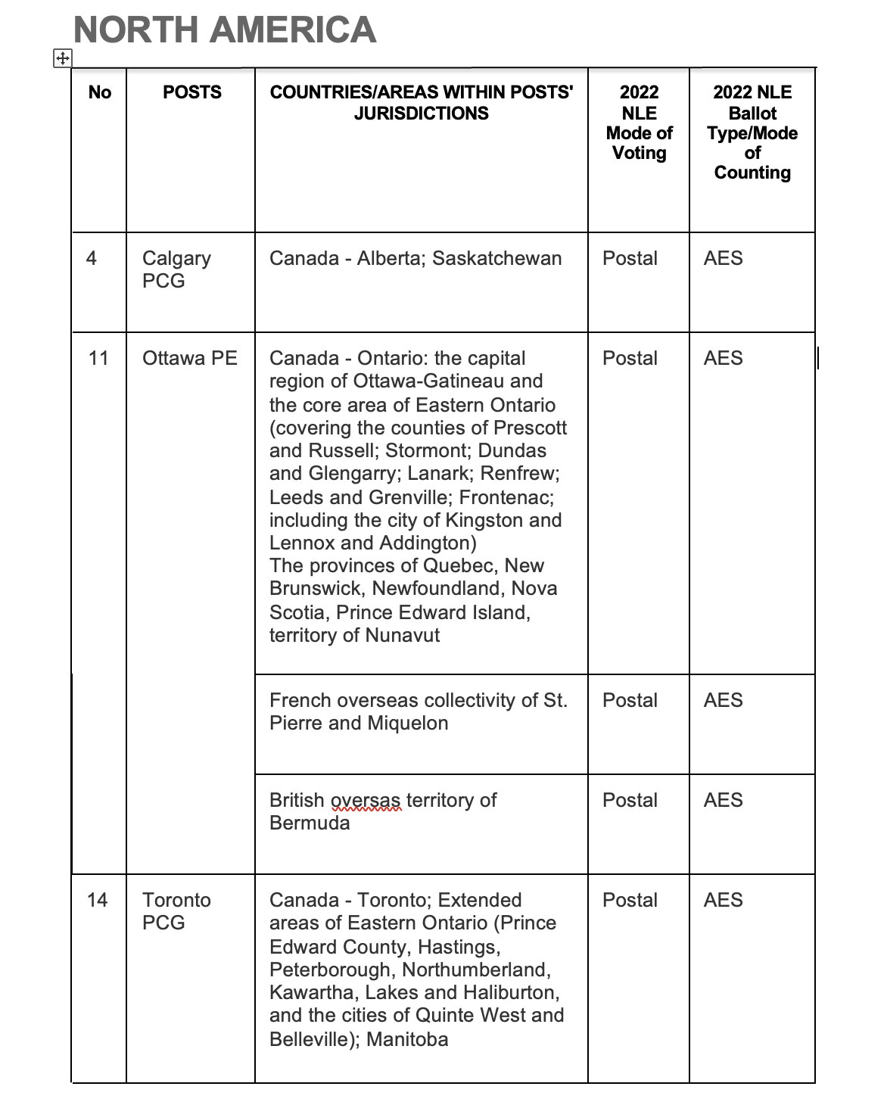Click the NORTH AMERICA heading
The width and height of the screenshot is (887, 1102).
tap(225, 30)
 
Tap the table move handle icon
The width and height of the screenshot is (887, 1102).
tap(62, 58)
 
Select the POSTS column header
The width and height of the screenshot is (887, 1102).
tap(192, 92)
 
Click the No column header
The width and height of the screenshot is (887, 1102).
tap(99, 92)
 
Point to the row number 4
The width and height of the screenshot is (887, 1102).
tap(92, 258)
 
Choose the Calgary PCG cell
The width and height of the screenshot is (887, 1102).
tap(176, 269)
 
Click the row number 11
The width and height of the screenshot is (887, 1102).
tap(98, 358)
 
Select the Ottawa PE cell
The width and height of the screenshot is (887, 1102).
tap(189, 358)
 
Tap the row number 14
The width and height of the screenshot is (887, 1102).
tap(98, 900)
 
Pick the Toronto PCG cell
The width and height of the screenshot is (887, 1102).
tap(176, 911)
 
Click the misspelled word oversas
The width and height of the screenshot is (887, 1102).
tap(366, 801)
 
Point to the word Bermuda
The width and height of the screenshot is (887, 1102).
tap(310, 823)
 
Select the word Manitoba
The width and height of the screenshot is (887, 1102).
tap(407, 1039)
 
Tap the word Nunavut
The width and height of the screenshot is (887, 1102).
tap(402, 635)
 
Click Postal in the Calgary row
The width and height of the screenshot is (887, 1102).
tap(630, 259)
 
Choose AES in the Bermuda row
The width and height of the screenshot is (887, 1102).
tap(723, 800)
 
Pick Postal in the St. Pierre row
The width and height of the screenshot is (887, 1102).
tap(630, 700)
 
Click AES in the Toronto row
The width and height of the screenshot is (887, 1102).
tap(723, 900)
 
